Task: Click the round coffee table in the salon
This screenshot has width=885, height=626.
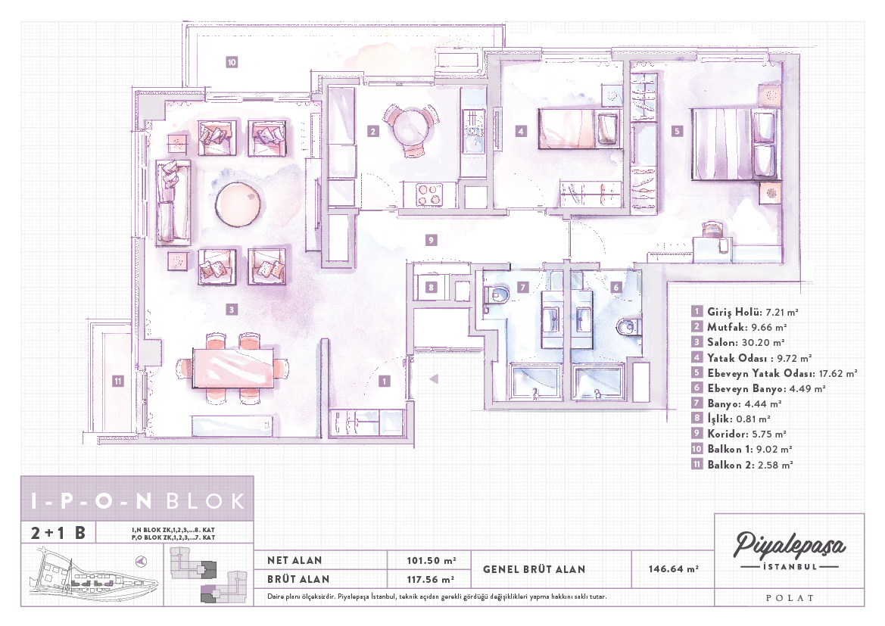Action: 239,204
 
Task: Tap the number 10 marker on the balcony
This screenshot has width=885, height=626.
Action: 232,62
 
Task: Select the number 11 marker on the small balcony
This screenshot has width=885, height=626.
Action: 117,381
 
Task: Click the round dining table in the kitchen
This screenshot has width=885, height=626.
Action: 411,126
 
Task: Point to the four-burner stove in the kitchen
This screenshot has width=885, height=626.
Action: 429,195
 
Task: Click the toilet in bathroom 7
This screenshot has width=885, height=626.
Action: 497,294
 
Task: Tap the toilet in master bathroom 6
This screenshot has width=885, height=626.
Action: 629,326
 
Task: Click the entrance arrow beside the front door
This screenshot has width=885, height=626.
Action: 434,378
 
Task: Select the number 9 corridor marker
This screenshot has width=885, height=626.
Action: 431,240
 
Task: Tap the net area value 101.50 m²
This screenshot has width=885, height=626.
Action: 432,560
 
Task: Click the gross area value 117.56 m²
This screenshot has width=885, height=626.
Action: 431,579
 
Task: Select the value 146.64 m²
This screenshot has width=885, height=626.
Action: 673,569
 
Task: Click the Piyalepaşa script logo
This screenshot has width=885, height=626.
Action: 789,545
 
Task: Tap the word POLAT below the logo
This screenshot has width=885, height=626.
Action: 790,598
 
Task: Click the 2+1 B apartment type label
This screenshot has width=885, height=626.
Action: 58,533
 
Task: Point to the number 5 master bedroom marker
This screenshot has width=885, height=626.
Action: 677,131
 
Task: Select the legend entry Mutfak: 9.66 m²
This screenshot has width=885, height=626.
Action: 739,327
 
